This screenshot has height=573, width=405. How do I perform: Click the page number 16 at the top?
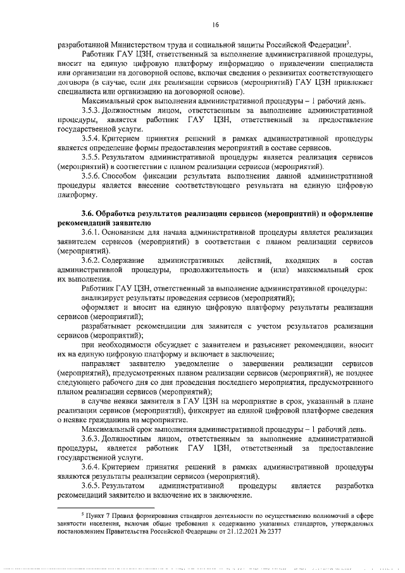(215, 25)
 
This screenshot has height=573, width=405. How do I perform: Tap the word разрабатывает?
(108, 325)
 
